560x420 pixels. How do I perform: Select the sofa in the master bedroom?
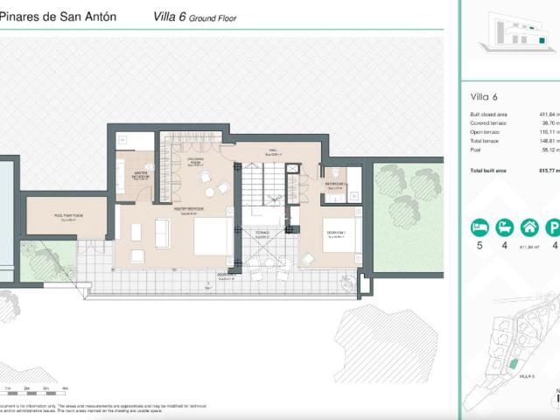(163, 233)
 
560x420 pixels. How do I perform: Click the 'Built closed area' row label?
(490, 115)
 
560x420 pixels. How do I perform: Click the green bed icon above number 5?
(479, 228)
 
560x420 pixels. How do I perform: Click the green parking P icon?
(553, 228)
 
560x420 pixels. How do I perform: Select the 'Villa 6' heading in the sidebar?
(482, 96)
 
